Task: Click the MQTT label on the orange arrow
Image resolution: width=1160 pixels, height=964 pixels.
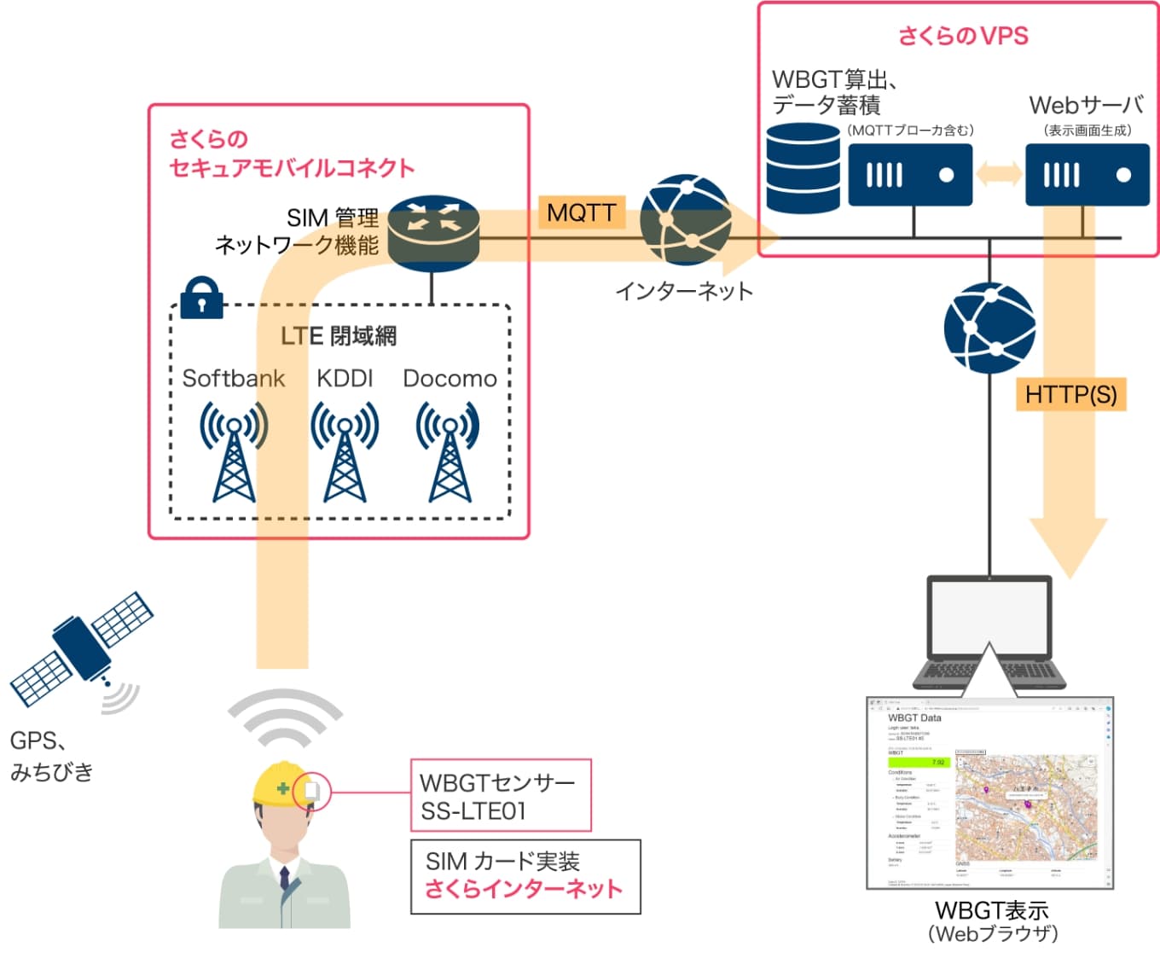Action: tap(582, 212)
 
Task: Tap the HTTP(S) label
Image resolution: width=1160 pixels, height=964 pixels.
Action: tap(1070, 394)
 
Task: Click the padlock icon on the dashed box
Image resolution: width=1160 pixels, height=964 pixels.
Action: tap(201, 298)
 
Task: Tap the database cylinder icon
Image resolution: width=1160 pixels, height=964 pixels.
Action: tap(803, 168)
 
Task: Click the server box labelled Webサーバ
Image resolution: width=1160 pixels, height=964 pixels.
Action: tap(1087, 175)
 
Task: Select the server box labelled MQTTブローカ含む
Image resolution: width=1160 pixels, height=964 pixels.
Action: tap(910, 175)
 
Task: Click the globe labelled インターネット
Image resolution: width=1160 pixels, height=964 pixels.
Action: tap(685, 220)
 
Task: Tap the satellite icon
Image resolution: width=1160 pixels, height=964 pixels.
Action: tap(82, 648)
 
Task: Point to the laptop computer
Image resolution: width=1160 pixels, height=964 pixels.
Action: tap(989, 631)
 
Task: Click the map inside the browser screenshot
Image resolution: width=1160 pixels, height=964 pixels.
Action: tap(1025, 806)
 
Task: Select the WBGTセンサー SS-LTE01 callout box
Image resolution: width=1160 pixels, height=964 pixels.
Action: tap(501, 795)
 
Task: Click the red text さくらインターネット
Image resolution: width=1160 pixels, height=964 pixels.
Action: tap(524, 889)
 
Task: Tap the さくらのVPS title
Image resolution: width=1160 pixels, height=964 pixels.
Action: tap(963, 36)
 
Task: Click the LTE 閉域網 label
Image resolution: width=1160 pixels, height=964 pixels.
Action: tap(339, 336)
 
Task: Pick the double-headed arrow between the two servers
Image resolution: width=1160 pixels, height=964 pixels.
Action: tap(999, 174)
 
